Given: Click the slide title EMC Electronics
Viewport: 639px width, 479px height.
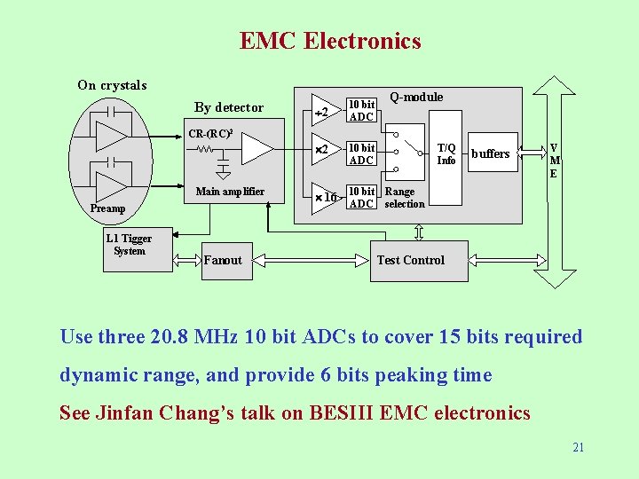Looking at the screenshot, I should point(330,41).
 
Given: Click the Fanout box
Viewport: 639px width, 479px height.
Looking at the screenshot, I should point(224,260).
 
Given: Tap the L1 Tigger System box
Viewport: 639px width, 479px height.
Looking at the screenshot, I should point(130,245).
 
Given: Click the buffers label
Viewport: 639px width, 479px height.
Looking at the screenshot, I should point(490,153).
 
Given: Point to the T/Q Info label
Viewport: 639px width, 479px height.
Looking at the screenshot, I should point(446,154).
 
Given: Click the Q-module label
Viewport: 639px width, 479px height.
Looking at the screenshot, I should point(416,97).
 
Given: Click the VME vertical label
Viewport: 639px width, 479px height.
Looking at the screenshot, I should point(554,161).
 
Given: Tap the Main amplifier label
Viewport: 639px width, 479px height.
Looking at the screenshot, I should point(230,192).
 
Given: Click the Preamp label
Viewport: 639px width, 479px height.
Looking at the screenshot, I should point(108,208).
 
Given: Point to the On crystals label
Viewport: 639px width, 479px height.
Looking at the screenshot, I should point(112,85).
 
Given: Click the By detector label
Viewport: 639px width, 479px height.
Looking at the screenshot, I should point(229,107).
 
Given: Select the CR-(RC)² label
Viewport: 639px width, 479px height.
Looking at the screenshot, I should point(210,134).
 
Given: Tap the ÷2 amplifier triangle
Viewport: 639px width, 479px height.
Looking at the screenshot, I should point(323,112).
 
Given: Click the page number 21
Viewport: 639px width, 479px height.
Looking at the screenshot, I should point(578,447).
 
